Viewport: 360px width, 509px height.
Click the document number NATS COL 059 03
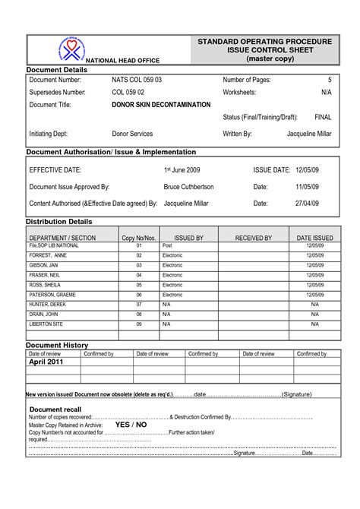tap(137, 80)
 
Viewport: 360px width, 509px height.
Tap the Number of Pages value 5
tap(330, 80)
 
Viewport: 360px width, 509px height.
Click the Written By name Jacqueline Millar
tap(309, 134)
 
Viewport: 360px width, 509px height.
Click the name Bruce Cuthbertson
tap(189, 186)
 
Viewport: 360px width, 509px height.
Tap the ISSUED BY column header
tap(188, 238)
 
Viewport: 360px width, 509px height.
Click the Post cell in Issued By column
tap(167, 247)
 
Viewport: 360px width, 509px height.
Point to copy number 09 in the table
tap(139, 323)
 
